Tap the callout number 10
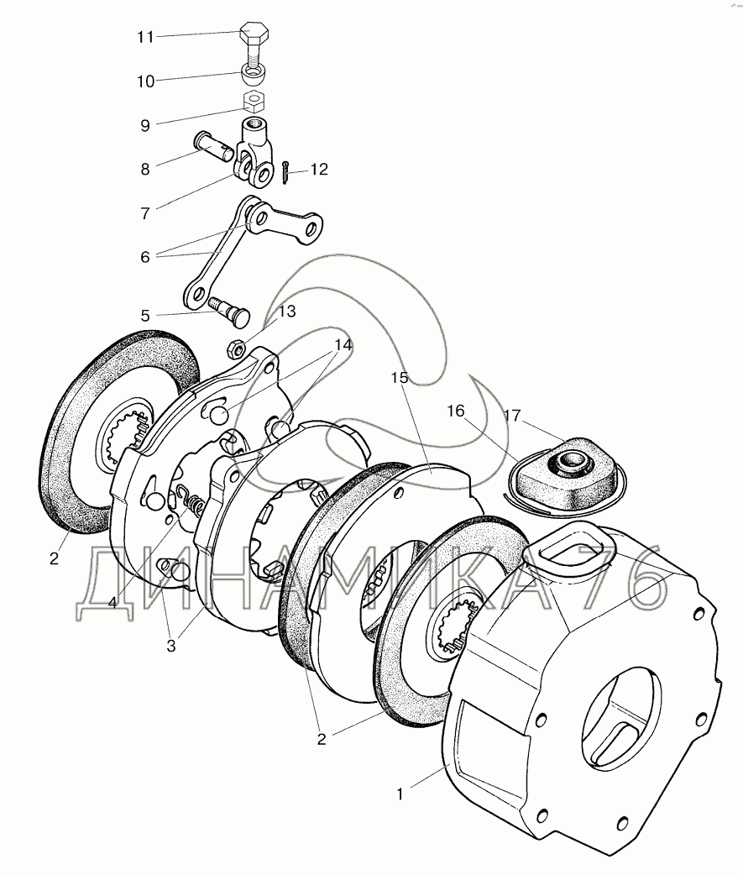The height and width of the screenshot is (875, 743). [x=146, y=81]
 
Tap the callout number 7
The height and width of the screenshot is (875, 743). [x=145, y=213]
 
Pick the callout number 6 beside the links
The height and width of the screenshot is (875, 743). [x=145, y=257]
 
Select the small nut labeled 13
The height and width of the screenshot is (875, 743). [x=237, y=344]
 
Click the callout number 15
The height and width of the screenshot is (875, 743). [x=399, y=378]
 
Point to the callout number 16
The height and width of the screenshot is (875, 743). [x=456, y=411]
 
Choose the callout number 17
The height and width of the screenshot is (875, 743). [x=513, y=414]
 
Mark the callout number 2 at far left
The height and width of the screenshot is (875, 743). [x=55, y=558]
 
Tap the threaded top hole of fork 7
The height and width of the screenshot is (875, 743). [x=253, y=128]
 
